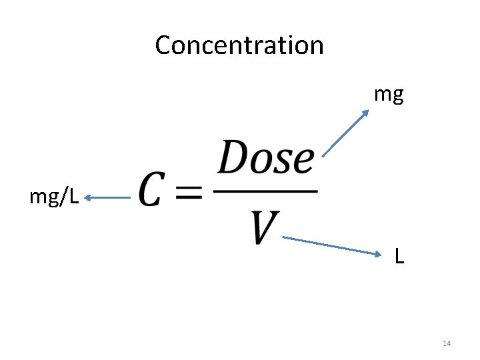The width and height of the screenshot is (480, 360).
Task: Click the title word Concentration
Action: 239,45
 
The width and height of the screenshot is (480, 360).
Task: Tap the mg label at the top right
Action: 388,95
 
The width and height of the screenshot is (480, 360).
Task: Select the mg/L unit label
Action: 54,197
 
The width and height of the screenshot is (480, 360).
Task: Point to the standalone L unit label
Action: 399,256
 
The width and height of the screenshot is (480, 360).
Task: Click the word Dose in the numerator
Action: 266,159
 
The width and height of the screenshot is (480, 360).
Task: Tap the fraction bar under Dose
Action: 265,192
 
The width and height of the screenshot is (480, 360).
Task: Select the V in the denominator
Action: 265,227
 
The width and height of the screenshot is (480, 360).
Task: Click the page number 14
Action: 447,343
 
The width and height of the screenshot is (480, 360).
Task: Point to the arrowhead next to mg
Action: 365,113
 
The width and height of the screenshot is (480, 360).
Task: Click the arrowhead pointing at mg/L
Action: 89,197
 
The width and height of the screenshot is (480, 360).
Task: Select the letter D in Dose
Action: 233,159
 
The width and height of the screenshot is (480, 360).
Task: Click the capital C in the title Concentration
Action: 163,45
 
